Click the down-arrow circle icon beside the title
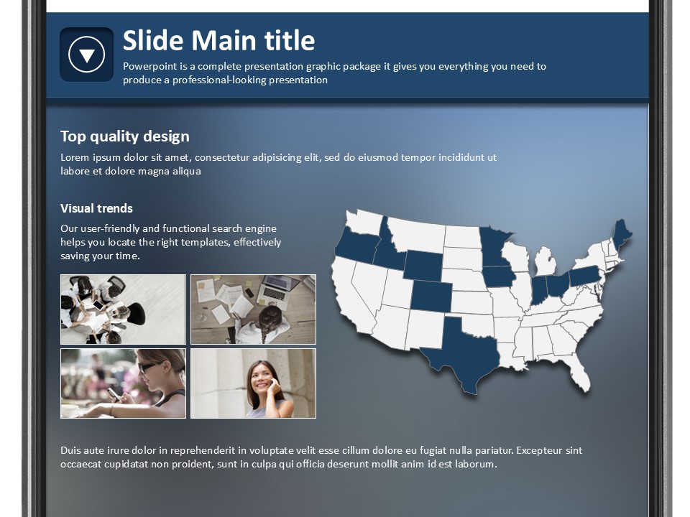click(x=87, y=55)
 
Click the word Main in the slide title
click(x=224, y=40)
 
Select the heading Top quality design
click(x=125, y=136)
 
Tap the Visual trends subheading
click(x=96, y=208)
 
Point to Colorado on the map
click(x=431, y=296)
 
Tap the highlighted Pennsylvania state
click(x=585, y=276)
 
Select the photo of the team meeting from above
click(x=123, y=309)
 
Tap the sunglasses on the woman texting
click(x=148, y=367)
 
